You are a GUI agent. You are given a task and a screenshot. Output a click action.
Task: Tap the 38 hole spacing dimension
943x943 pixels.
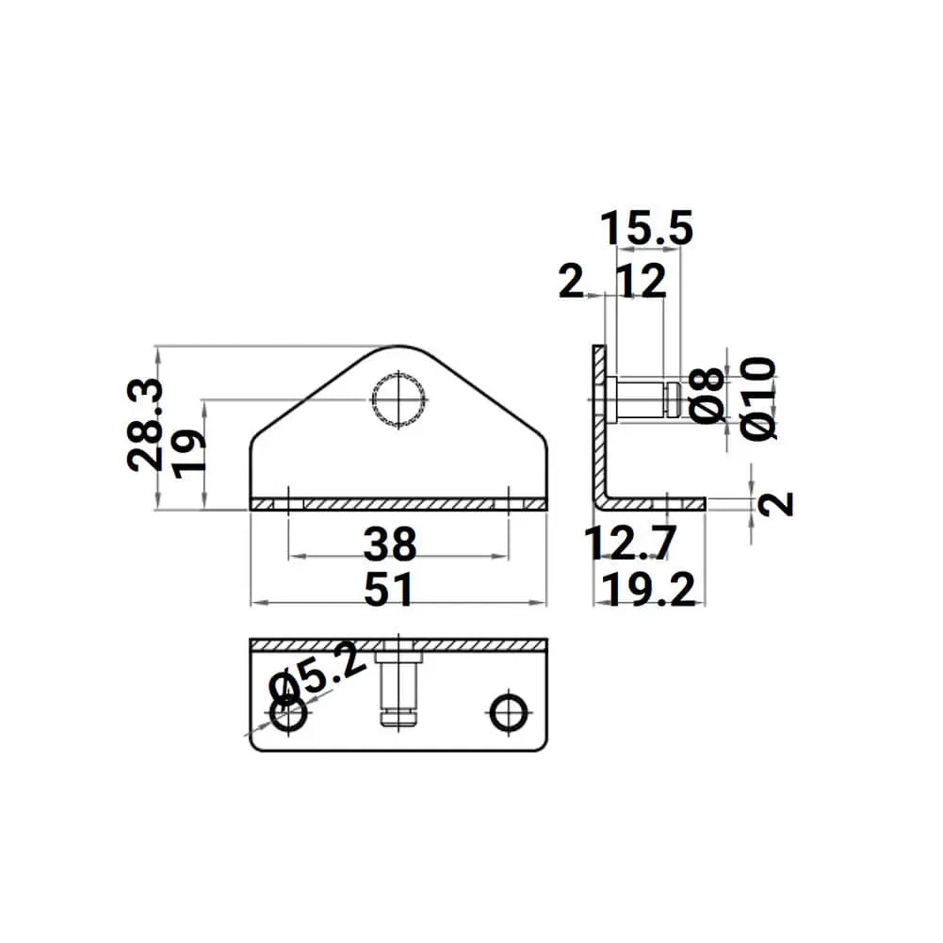click(x=390, y=544)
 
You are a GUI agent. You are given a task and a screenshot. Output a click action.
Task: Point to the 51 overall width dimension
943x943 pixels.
click(x=389, y=591)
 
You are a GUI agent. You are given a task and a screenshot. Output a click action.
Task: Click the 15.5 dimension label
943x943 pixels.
click(x=647, y=229)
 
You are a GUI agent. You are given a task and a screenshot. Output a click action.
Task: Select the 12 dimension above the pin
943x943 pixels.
click(x=643, y=282)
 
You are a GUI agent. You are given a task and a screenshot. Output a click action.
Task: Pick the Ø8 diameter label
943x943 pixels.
click(x=709, y=394)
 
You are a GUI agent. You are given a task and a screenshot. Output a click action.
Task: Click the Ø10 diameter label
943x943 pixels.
click(x=759, y=397)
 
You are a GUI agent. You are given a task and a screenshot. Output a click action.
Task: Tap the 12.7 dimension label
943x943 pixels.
click(x=629, y=544)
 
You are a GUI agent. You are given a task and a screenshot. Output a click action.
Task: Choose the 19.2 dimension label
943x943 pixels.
click(x=652, y=591)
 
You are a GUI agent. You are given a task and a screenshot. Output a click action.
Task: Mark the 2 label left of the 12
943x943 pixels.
click(x=571, y=282)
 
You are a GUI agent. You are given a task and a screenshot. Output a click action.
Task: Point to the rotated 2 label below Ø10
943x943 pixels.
click(x=776, y=504)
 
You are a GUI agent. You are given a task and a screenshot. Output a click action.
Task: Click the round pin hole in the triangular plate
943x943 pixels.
click(x=399, y=399)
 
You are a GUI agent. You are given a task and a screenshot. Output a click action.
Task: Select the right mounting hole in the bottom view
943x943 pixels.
click(x=510, y=711)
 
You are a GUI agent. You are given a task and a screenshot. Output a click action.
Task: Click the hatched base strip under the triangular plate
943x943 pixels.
click(x=398, y=505)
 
